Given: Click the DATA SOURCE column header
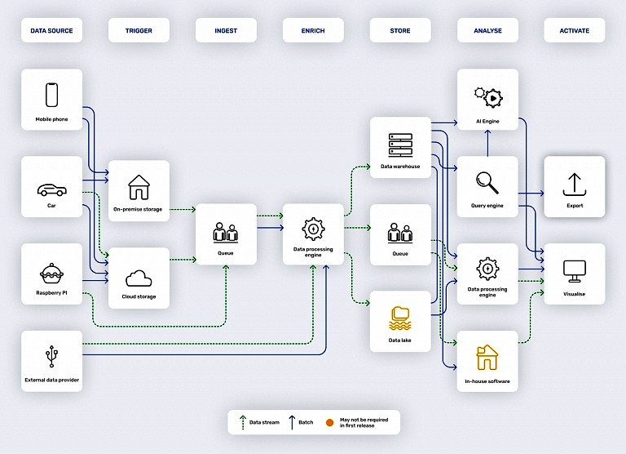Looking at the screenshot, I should [x=51, y=31].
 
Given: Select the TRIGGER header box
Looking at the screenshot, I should [x=139, y=31].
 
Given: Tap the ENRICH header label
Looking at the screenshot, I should [x=312, y=31].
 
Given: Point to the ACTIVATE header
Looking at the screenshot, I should [x=574, y=31].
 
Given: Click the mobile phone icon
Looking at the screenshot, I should [x=51, y=96].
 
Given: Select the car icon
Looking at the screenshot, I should [x=51, y=190].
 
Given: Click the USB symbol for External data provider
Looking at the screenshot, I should [x=51, y=356].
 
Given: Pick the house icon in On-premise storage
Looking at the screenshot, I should [x=139, y=187].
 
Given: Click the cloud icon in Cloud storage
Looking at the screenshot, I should [x=139, y=276].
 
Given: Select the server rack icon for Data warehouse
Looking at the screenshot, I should [x=400, y=145].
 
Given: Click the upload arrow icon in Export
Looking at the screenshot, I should [x=575, y=183].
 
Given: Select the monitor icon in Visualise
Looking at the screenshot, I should [x=575, y=270].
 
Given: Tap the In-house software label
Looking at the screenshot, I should [x=487, y=381].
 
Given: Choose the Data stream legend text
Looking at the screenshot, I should [x=264, y=422].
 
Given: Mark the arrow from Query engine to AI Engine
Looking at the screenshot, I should [x=487, y=144].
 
